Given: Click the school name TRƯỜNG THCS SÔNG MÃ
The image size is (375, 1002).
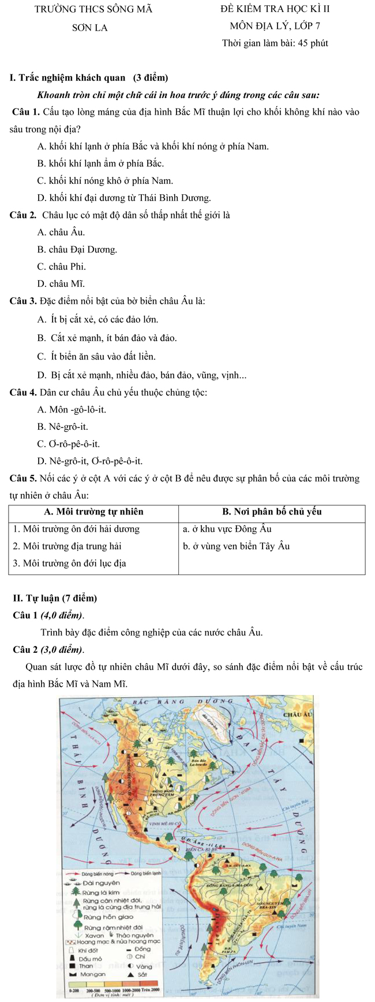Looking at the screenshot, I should pos(93,9).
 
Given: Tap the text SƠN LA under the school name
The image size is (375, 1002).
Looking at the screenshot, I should pos(90,28).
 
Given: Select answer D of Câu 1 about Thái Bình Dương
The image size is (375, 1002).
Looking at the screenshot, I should pos(124,198).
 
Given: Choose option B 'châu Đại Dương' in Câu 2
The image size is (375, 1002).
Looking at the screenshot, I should pos(77,249).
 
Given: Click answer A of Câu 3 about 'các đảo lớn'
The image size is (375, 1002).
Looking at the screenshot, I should pos(98,319).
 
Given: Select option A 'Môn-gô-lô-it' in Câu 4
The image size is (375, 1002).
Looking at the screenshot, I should pos(72,410).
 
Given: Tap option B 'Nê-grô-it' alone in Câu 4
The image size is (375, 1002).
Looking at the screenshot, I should pos(63,427).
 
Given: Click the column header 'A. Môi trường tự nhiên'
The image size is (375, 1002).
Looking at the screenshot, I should pos(93,512).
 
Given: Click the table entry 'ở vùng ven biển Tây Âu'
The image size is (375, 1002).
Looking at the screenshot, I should pos(236,546).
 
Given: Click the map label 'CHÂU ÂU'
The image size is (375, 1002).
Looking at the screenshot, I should pos(298,714).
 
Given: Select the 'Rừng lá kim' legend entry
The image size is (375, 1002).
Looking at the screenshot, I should pos(102,892).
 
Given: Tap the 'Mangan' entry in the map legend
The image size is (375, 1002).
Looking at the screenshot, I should pos(92,974).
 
